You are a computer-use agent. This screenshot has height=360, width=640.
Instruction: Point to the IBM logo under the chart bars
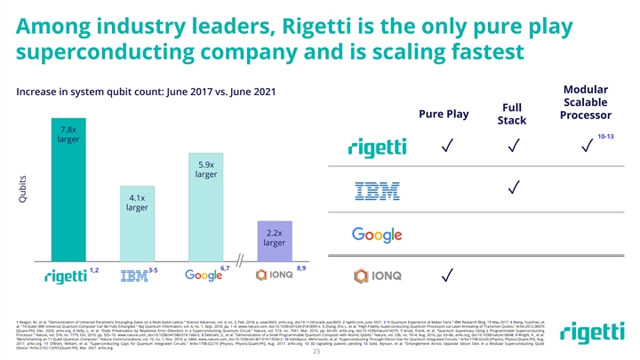(x=133, y=277)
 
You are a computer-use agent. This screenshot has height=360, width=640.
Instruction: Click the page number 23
(x=320, y=349)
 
